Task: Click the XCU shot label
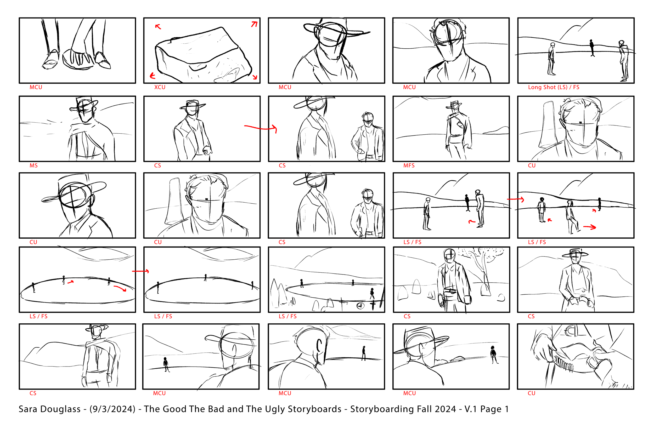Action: click(160, 87)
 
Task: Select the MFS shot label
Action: click(409, 166)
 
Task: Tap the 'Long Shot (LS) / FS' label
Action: click(554, 87)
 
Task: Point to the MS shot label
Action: click(33, 166)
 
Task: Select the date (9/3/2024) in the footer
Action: click(112, 409)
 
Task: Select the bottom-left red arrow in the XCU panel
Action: click(153, 76)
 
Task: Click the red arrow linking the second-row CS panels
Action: click(260, 128)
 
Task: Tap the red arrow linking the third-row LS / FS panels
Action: click(516, 199)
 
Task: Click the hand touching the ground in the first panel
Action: click(78, 59)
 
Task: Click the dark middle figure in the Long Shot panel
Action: click(592, 48)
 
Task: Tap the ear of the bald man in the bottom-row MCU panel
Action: click(319, 346)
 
